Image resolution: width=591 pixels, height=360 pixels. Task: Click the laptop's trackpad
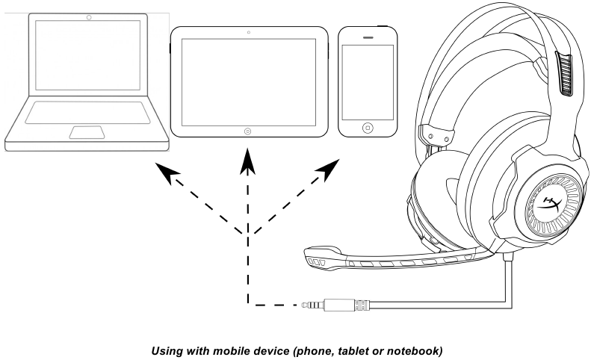[x=87, y=131]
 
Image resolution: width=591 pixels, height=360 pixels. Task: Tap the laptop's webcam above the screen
[x=89, y=16]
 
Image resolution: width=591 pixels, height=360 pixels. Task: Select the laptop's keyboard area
[x=87, y=112]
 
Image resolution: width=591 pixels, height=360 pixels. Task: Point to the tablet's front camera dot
[x=248, y=33]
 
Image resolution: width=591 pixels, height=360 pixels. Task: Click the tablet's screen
[x=248, y=80]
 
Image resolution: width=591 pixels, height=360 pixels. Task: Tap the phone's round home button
[x=367, y=128]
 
